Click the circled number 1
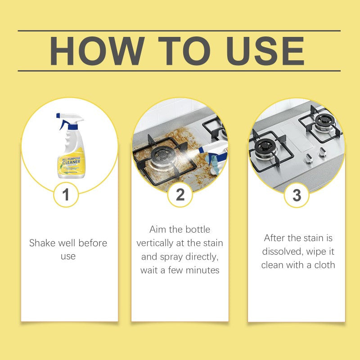(x=66, y=195)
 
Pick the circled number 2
(x=180, y=195)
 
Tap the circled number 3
(x=297, y=195)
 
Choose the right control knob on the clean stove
(x=322, y=153)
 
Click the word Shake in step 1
(x=43, y=243)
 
